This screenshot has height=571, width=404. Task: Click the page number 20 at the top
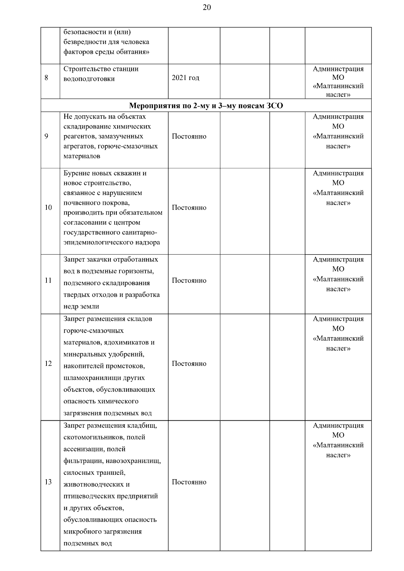click(207, 8)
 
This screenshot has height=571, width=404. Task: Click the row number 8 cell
click(46, 78)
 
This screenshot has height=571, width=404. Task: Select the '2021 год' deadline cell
click(186, 78)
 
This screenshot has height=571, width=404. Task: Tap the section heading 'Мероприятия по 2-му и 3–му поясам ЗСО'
click(206, 106)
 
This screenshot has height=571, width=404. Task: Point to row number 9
click(46, 137)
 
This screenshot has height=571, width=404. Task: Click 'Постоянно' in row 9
click(189, 137)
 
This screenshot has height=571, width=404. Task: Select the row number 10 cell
click(48, 207)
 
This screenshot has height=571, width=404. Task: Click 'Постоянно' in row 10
click(189, 207)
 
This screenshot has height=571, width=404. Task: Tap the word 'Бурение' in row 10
click(76, 174)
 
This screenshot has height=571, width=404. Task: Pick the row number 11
click(48, 280)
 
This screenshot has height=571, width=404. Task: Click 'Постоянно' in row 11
click(189, 280)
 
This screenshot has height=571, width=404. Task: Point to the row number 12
click(48, 364)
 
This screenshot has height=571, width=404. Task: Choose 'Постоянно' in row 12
click(189, 364)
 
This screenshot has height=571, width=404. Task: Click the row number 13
click(48, 482)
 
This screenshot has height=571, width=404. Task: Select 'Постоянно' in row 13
click(189, 482)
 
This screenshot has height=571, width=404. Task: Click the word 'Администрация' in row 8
click(338, 69)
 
